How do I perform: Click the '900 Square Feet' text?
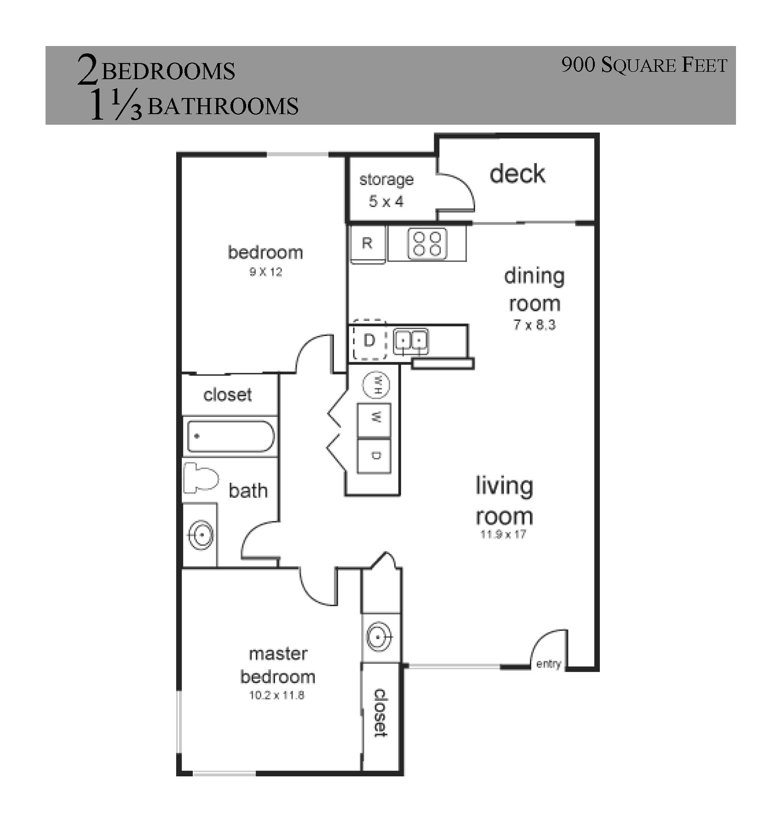click(x=644, y=65)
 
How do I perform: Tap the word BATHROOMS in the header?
click(x=223, y=106)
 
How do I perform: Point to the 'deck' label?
click(x=517, y=173)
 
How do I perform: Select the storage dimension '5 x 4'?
click(x=386, y=201)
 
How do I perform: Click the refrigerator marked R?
click(x=368, y=244)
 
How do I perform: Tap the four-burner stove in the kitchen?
click(x=427, y=244)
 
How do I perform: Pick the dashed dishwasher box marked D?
click(x=369, y=340)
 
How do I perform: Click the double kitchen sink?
click(x=411, y=341)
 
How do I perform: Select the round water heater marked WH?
click(x=376, y=384)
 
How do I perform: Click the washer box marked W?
click(x=374, y=420)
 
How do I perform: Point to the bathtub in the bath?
click(x=231, y=436)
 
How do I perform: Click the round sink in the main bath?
click(x=201, y=535)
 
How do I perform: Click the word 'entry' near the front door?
click(x=549, y=664)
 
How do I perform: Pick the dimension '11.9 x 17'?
click(x=503, y=534)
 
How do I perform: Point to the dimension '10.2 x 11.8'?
click(x=277, y=695)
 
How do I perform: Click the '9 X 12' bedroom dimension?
click(x=266, y=272)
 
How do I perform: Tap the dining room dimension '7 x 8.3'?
click(x=535, y=325)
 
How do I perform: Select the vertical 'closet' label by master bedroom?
click(x=380, y=713)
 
